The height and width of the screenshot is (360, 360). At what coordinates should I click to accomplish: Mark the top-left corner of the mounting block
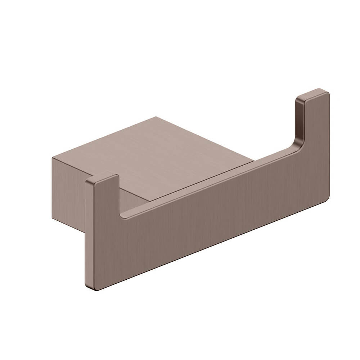click(53, 158)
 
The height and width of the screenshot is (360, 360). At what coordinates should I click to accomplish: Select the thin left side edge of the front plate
click(86, 234)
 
